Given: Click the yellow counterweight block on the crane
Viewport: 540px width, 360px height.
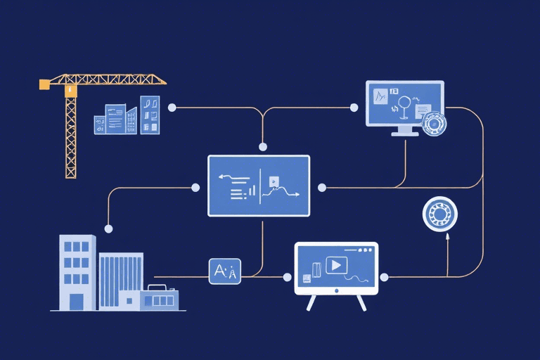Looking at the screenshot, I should pos(44,84).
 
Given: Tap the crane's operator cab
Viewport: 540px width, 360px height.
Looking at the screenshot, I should pos(70,90).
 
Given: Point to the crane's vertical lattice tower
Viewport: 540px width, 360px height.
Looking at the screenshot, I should pos(70,137).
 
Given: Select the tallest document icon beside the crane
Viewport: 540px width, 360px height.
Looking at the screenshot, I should pos(150,114).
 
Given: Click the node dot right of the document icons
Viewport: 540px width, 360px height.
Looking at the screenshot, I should pos(172,108).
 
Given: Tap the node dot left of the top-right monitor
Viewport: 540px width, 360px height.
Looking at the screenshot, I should pos(354,108).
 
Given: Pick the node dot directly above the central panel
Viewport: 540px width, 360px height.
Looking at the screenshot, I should pos(263,147).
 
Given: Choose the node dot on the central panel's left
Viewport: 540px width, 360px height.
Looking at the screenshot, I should pos(195,188).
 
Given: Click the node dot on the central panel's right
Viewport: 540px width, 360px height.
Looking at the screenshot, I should pos(322,188).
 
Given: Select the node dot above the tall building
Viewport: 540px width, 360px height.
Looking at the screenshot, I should pos(108,229).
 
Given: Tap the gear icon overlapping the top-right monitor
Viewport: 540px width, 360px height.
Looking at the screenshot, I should pos(435,124).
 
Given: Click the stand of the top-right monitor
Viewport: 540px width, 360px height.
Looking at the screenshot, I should pos(404,131).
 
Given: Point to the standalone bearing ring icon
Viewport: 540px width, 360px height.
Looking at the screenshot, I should pos(440,214).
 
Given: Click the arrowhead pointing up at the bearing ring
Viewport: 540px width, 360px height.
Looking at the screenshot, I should pos(447,238).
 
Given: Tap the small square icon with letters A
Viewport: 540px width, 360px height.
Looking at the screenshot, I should pos(225,271).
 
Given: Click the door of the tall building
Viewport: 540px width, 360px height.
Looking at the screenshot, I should pos(76,302).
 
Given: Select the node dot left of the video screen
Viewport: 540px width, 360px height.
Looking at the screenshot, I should pos(288,276).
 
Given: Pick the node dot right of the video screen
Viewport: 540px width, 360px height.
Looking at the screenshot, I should pos(384,276).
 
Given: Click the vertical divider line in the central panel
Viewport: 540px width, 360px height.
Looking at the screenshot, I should pos(260,186).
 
